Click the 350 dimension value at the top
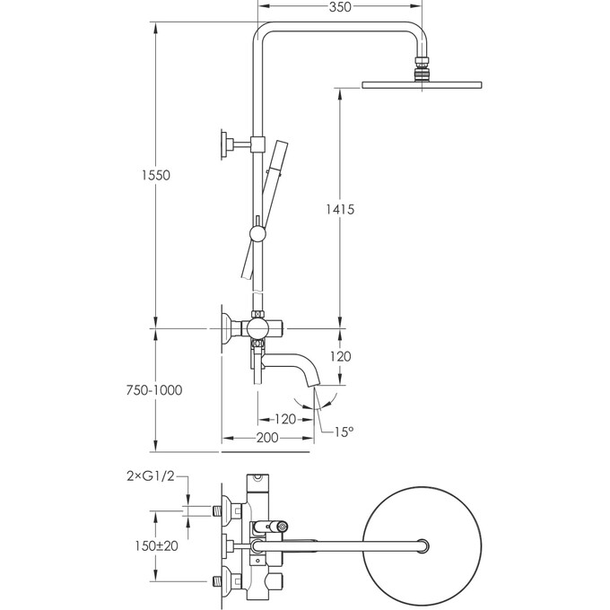coord(339,7)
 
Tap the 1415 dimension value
coord(341,209)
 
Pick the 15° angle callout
coord(344,431)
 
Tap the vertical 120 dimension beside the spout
coord(341,355)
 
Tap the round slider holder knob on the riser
coord(258,235)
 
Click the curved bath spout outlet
coord(310,378)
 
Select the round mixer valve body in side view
coord(258,328)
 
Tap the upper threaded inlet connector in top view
coord(221,510)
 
